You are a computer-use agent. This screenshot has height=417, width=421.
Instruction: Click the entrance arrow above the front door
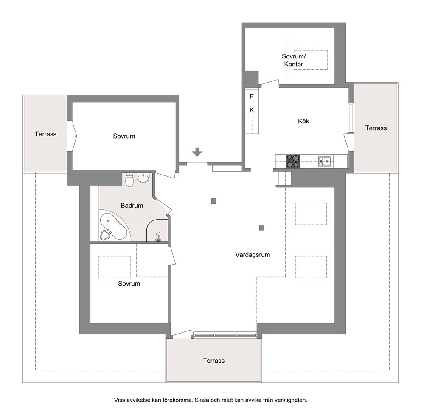coord(197,152)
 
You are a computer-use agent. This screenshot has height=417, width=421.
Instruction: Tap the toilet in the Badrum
coord(130,180)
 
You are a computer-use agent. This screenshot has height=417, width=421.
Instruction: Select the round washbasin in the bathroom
coord(143,178)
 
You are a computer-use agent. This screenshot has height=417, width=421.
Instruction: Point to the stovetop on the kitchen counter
coord(293,161)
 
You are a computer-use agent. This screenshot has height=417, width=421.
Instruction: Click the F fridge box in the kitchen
coord(252,96)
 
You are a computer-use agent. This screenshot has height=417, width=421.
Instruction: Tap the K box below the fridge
coord(252,110)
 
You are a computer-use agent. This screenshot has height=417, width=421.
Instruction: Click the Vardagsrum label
coord(253,255)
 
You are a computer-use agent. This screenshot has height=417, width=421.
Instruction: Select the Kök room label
coord(303,121)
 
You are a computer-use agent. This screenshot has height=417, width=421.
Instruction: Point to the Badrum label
coord(132,206)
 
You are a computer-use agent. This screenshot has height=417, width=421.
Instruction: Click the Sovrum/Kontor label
coord(293,60)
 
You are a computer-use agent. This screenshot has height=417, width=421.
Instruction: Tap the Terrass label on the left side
coord(46,134)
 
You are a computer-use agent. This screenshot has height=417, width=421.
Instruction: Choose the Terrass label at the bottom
coord(214,361)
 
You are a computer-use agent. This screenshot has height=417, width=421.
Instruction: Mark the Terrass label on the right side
coord(376,128)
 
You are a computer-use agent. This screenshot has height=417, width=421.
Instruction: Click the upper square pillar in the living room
coord(213,201)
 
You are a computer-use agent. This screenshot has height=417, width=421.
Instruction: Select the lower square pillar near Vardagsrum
coord(261,228)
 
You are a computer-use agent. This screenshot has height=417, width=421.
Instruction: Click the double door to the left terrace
coord(73,136)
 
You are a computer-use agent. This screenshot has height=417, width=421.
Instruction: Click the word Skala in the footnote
coord(202,400)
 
